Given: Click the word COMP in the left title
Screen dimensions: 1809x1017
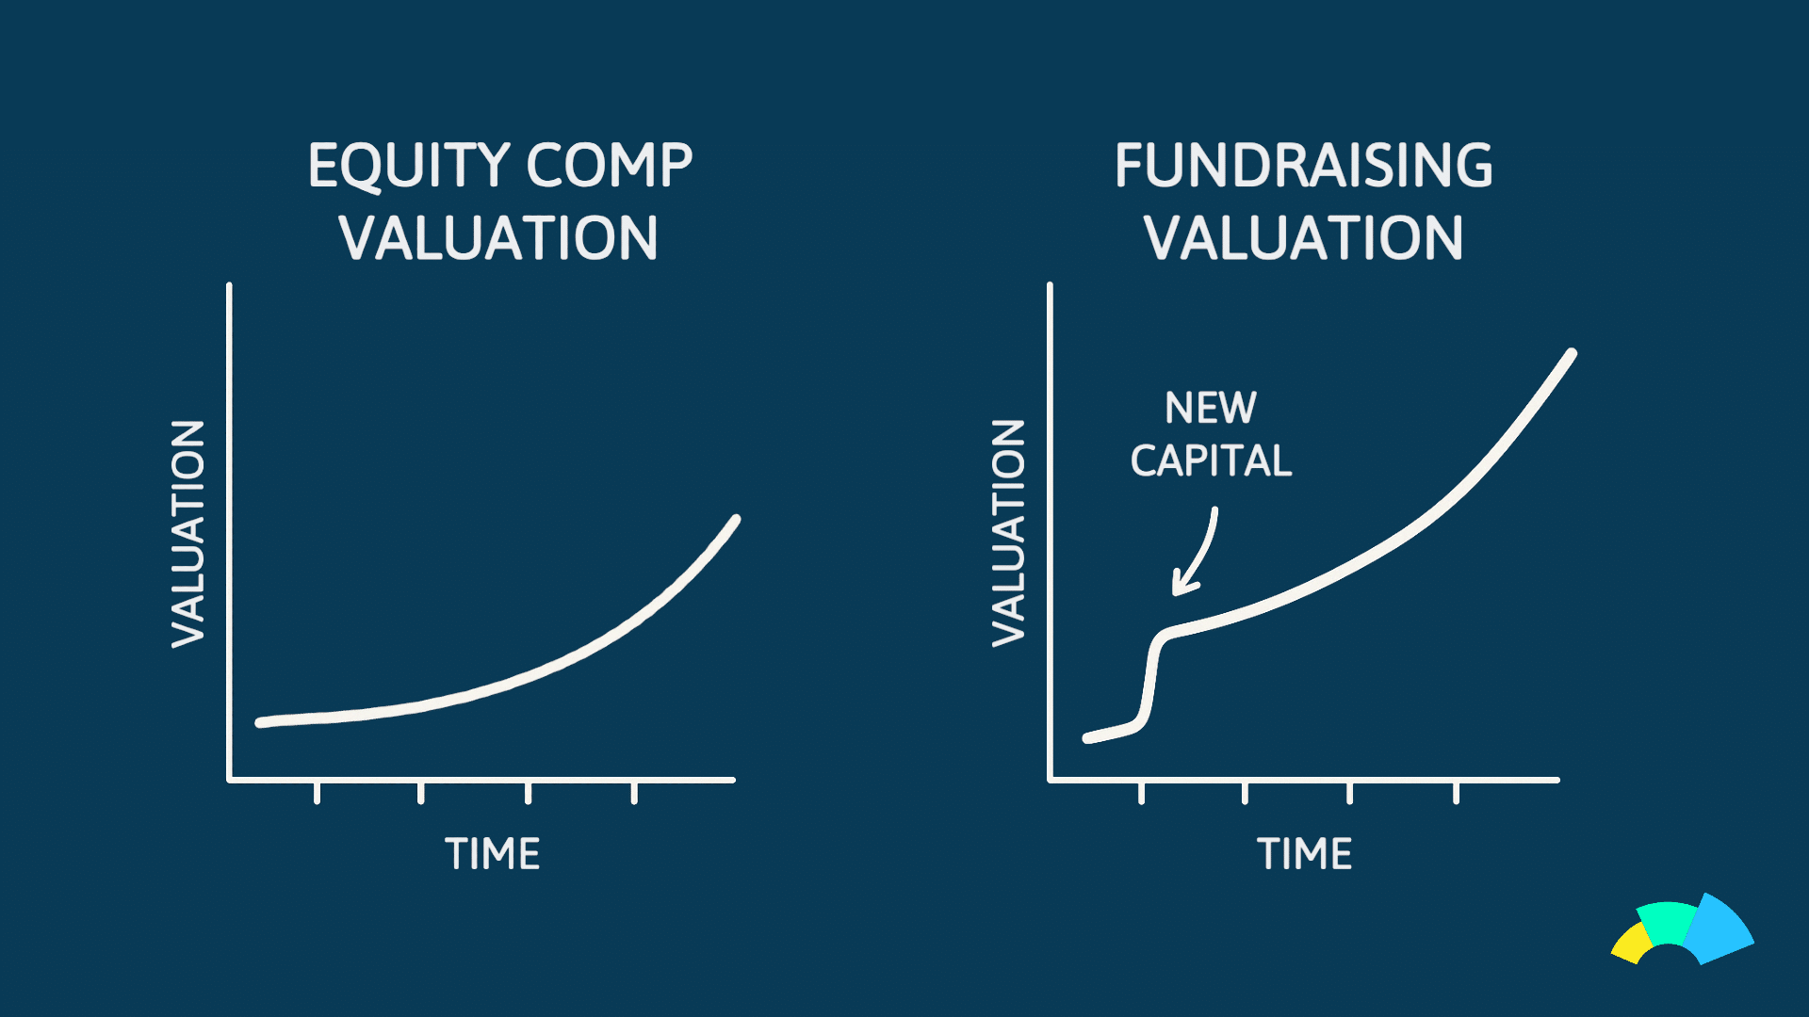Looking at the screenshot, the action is click(609, 166).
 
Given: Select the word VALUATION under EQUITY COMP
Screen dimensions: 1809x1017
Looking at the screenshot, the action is click(498, 237).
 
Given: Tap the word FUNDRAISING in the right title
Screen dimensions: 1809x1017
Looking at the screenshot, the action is click(1304, 166).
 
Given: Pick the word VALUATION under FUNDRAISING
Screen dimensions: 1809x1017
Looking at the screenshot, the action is click(1304, 237).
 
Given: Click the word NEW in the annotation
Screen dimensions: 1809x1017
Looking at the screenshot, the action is click(1211, 408).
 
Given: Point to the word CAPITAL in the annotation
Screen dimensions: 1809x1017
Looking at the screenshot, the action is click(1211, 460).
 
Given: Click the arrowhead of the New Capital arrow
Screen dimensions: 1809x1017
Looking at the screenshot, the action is click(1182, 584).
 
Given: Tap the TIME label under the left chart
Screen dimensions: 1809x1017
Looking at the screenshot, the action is click(493, 854).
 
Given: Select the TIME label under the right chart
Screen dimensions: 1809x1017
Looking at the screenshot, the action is click(1305, 854).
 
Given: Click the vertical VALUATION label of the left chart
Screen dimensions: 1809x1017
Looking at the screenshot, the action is click(187, 534).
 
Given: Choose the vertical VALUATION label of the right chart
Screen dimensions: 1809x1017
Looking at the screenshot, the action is click(1008, 534).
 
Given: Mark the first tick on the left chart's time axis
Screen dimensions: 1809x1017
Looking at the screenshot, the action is click(318, 793).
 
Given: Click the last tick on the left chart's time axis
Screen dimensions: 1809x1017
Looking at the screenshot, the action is click(635, 793).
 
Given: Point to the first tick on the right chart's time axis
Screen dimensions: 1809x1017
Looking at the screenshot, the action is click(1142, 793).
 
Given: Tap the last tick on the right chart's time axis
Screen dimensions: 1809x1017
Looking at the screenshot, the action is click(1457, 793).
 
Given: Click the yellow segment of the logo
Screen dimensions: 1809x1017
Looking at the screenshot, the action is click(1632, 944).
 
